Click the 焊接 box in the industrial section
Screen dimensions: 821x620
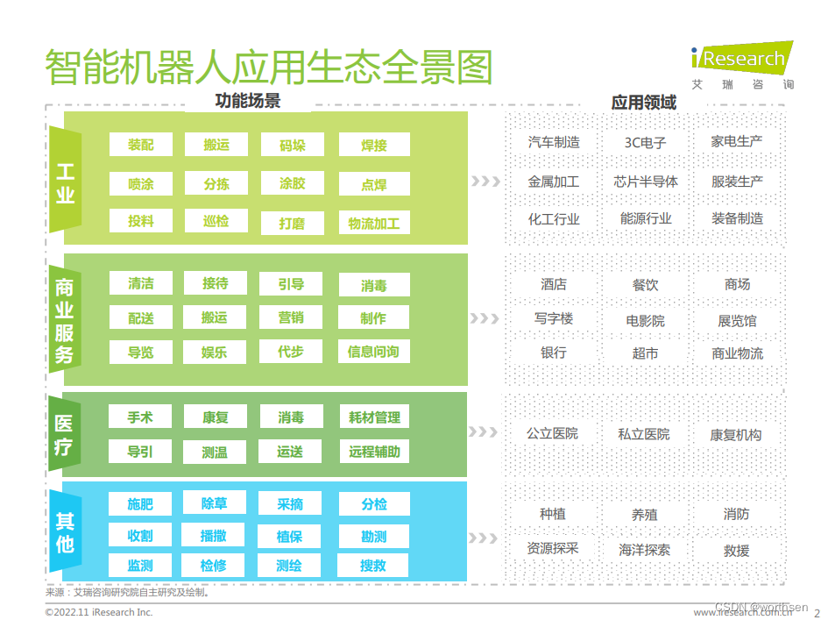374,145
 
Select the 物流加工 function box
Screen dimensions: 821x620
374,223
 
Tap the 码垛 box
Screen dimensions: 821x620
293,145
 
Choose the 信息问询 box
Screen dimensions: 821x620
373,352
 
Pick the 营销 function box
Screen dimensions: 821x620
291,317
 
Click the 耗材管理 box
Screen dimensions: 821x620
374,417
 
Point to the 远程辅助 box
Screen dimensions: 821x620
374,452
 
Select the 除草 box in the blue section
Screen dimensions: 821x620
215,503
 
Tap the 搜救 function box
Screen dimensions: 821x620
373,566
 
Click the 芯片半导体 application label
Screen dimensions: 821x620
646,182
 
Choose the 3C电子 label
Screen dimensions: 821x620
646,142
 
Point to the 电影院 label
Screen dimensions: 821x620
646,321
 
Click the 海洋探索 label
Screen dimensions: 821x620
645,550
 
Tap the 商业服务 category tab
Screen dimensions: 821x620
65,319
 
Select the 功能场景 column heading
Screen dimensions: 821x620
248,101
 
